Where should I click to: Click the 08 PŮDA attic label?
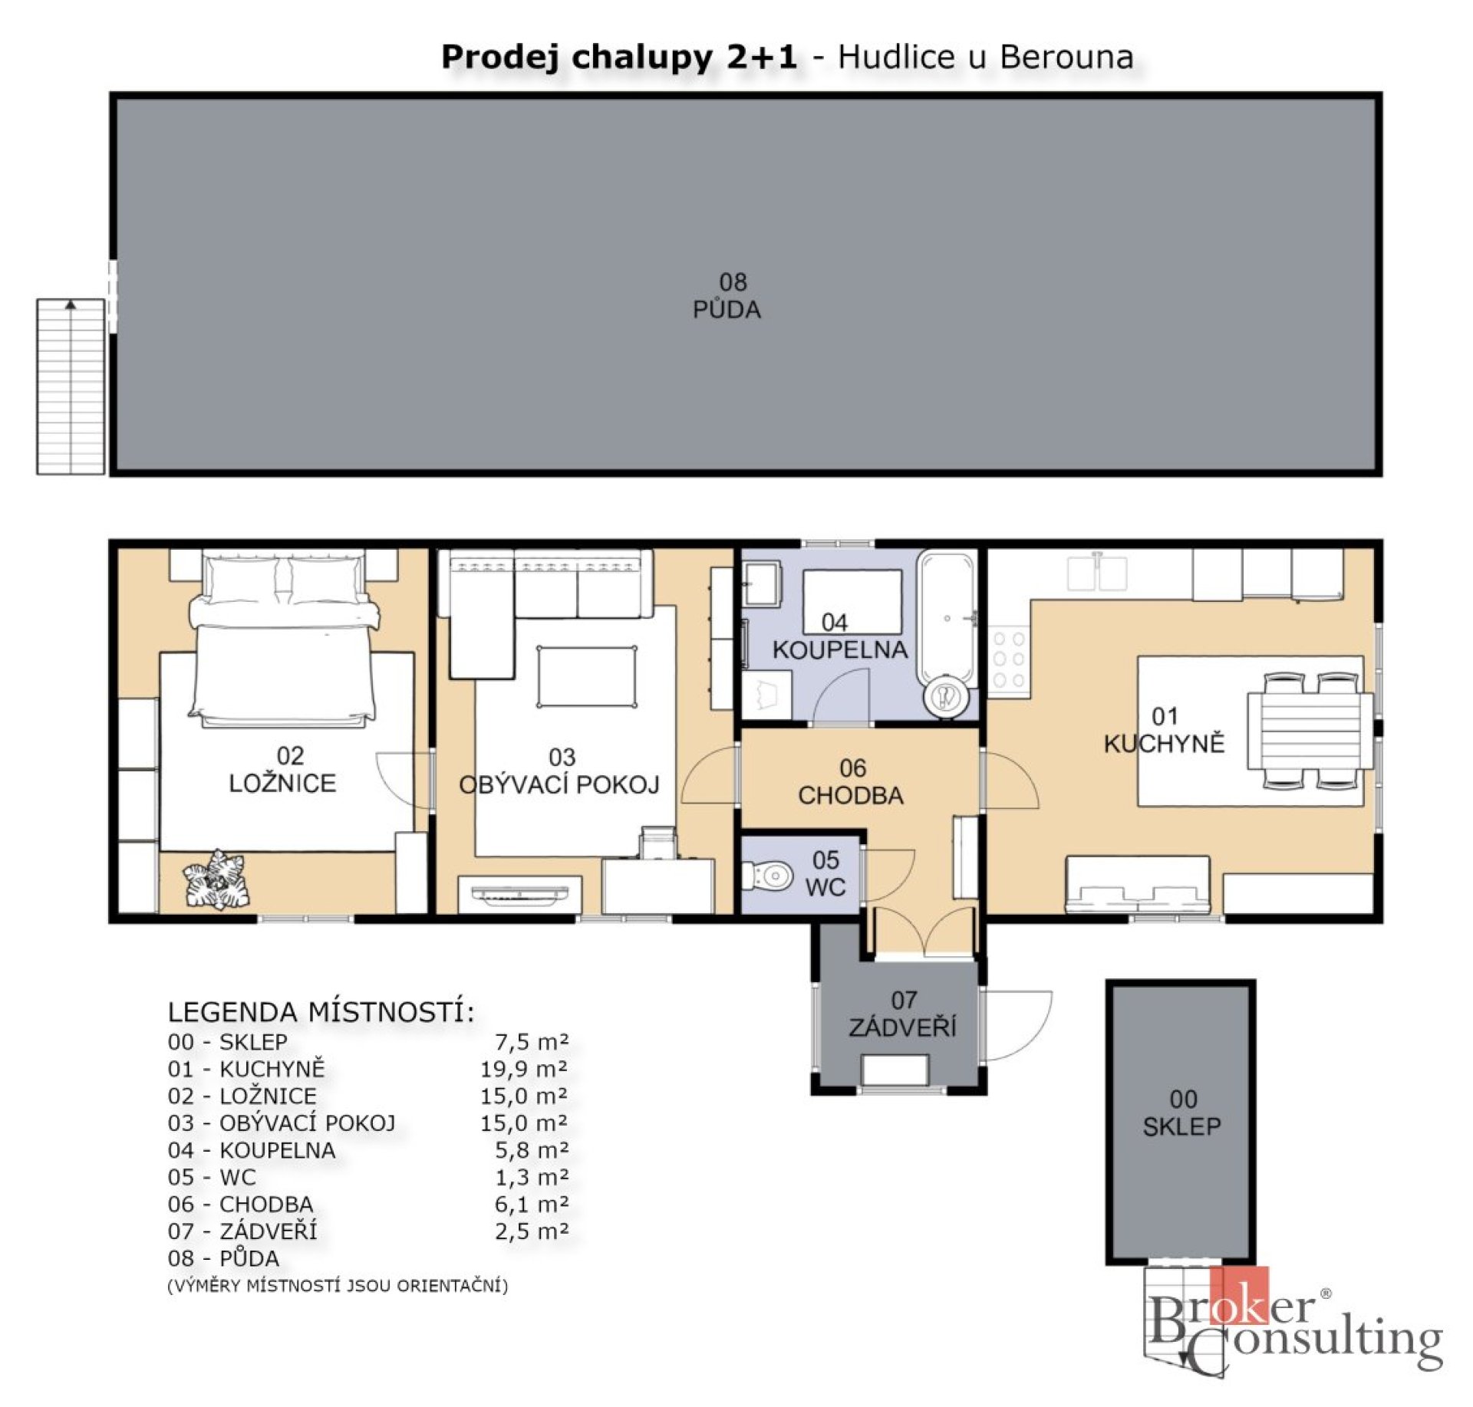point(727,296)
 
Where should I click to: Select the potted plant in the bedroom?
point(217,880)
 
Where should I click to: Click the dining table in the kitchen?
point(1309,731)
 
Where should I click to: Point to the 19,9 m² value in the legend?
point(524,1069)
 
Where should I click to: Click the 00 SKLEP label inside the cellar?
point(1181,1113)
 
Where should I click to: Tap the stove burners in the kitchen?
point(1008,659)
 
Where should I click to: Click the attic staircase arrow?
point(71,305)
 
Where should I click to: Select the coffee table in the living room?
point(587,677)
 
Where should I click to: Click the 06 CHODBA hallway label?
point(851,782)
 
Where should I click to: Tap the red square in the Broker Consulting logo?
point(1238,1295)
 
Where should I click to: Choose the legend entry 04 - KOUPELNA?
point(252,1150)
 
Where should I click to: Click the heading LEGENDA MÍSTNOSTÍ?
point(321,1012)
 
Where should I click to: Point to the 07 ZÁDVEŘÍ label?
point(902,1014)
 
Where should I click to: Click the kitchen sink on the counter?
point(1097,574)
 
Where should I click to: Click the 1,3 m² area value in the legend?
point(531,1177)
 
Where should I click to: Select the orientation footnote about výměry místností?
point(338,1286)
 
